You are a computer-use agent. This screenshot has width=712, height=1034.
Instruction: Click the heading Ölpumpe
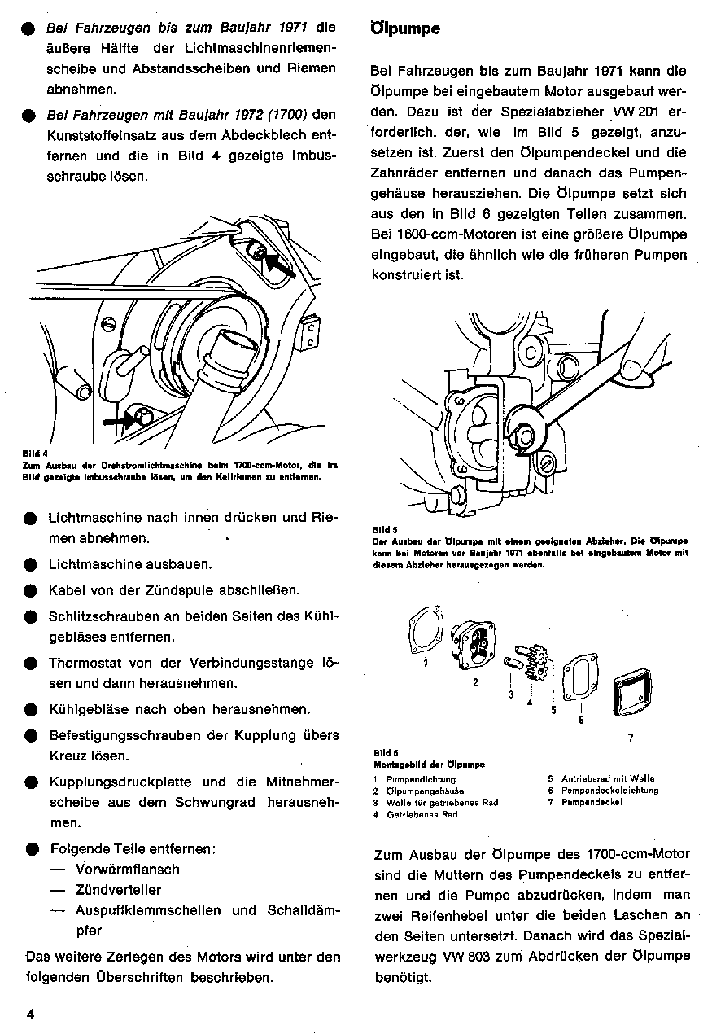tap(405, 29)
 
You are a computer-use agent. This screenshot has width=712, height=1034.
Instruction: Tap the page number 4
tap(29, 1014)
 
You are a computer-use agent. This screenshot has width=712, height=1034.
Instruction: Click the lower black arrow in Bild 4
tap(123, 421)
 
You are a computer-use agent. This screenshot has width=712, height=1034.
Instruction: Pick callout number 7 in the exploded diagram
tap(631, 738)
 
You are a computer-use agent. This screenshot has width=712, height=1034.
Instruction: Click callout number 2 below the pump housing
tap(475, 682)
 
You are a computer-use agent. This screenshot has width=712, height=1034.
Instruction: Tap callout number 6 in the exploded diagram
tap(581, 719)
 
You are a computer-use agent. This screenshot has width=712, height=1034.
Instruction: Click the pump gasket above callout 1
tap(425, 632)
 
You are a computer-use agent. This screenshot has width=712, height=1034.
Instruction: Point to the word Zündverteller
tap(118, 890)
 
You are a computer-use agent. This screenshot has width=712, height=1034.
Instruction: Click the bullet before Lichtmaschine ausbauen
tap(31, 564)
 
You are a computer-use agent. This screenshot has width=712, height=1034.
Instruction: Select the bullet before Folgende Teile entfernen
tap(31, 848)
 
